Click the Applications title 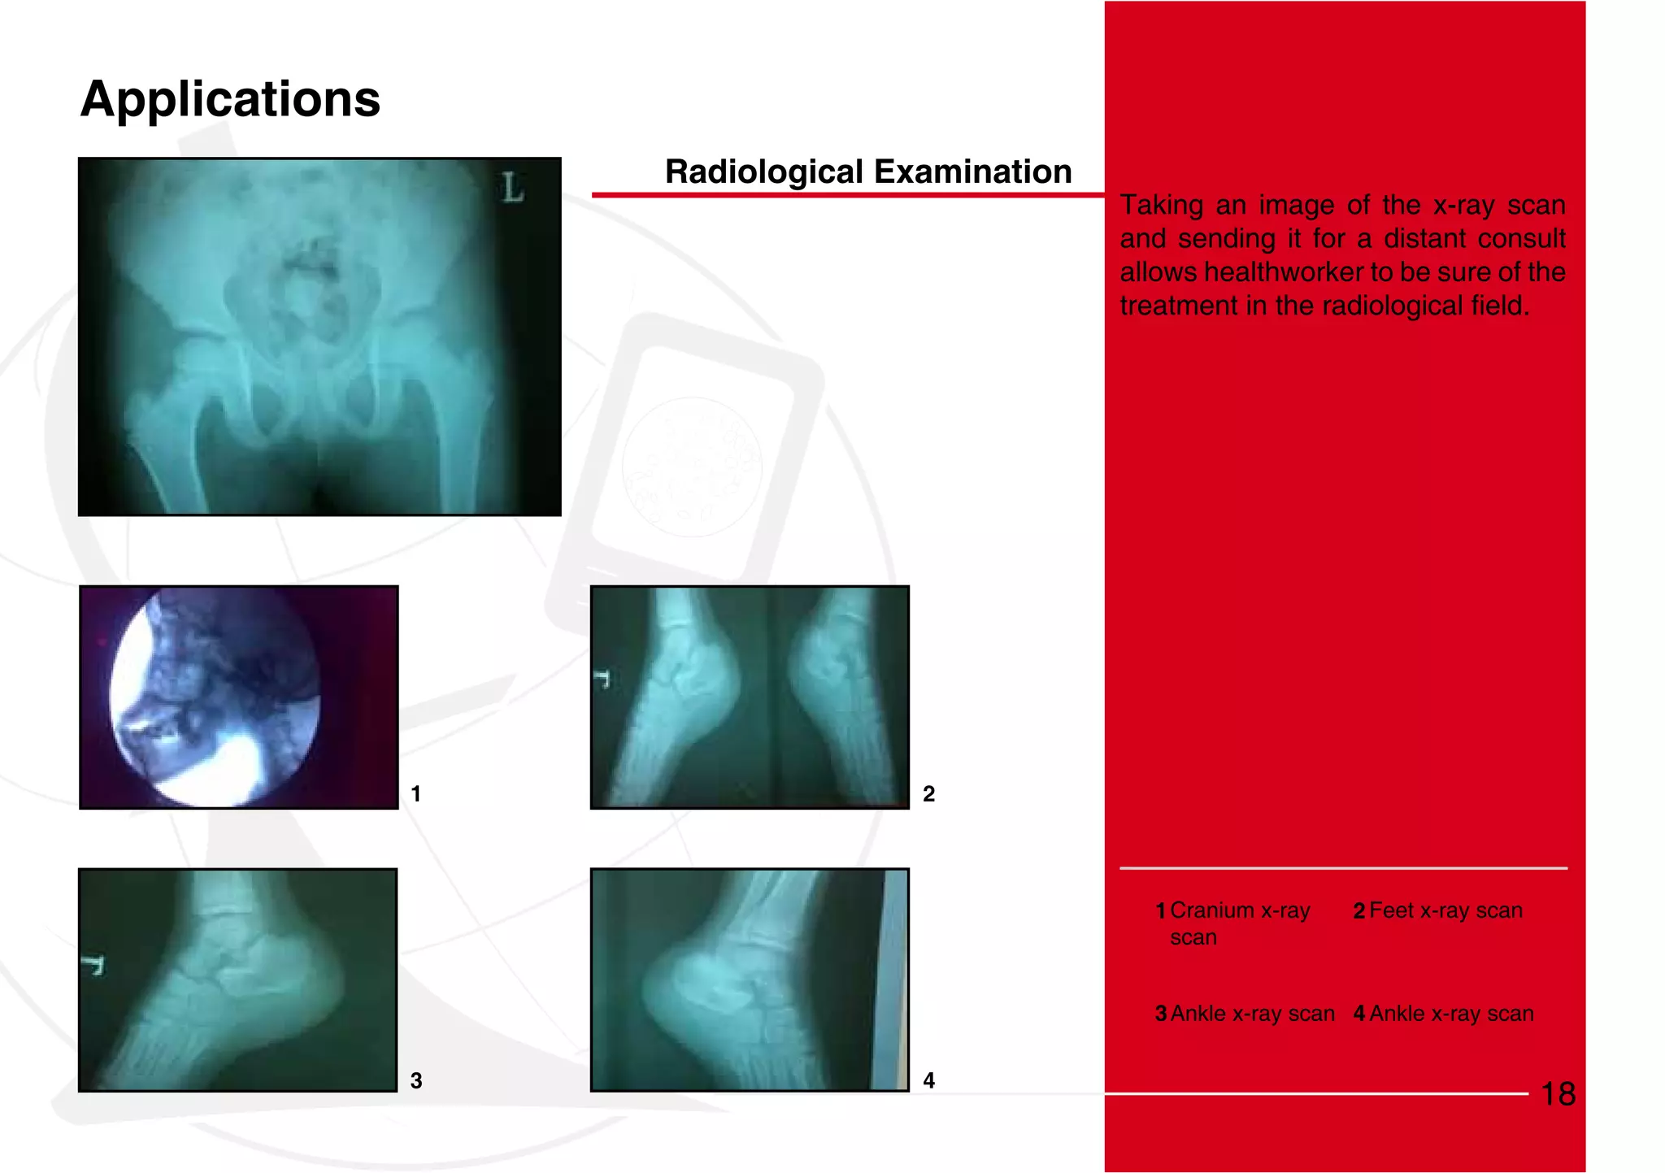(x=230, y=99)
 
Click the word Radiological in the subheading (x=763, y=172)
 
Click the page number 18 (x=1558, y=1094)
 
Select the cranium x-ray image (x=238, y=697)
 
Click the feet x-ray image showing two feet (x=749, y=697)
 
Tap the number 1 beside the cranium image (x=415, y=793)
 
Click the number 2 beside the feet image (x=928, y=793)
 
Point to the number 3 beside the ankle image (x=415, y=1080)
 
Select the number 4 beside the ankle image (x=928, y=1080)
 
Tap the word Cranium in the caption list (x=1211, y=910)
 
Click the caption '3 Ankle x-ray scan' (x=1245, y=1014)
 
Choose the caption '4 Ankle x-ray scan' (x=1443, y=1014)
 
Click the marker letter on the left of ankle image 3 (x=94, y=965)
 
